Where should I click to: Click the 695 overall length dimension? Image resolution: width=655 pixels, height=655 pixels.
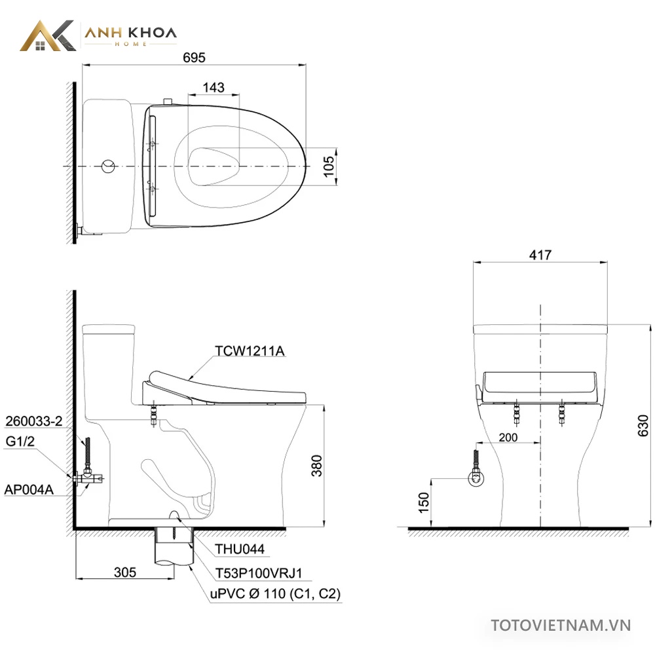click(x=195, y=57)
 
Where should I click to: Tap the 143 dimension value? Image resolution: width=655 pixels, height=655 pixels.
click(x=214, y=87)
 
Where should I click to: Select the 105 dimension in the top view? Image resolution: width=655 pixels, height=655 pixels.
click(x=329, y=166)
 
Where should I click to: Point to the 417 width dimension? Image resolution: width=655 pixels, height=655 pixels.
click(x=540, y=255)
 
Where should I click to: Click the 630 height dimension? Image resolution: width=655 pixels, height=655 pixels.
click(x=643, y=426)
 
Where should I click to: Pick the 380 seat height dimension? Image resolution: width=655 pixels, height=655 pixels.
click(x=317, y=466)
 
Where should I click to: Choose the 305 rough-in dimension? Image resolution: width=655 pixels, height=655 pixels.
click(x=125, y=572)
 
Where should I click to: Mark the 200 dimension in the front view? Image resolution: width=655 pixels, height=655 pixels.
click(x=508, y=438)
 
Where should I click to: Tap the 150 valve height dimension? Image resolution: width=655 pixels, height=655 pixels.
click(x=424, y=502)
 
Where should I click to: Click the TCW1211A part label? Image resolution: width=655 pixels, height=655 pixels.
click(x=250, y=351)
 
